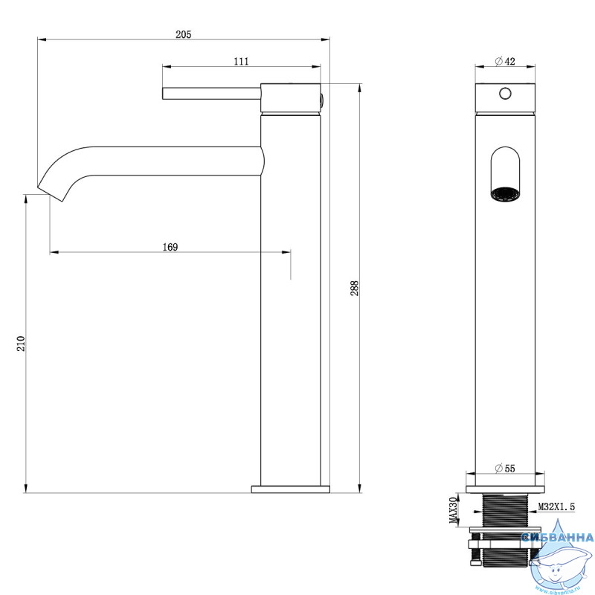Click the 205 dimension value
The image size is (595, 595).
[x=183, y=34]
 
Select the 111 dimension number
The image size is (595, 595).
[x=241, y=61]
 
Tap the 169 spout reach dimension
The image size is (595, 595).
[x=170, y=247]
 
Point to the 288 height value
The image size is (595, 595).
[x=354, y=289]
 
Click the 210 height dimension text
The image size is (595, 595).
[x=21, y=344]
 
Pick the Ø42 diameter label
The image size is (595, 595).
[x=505, y=61]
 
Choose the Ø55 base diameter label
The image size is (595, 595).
[x=505, y=469]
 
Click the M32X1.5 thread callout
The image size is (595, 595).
[x=556, y=506]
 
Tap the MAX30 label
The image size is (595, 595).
[x=454, y=510]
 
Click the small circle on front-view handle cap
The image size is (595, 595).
[x=505, y=94]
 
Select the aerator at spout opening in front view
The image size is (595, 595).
[x=505, y=194]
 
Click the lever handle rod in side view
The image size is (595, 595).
[x=212, y=94]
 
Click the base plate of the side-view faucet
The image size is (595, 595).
[x=290, y=489]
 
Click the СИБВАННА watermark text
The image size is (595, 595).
[x=557, y=537]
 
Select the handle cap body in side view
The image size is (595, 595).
[x=290, y=98]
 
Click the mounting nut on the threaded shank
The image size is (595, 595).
[x=505, y=544]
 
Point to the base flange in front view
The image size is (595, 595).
[x=505, y=489]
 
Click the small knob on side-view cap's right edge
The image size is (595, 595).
[x=322, y=100]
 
